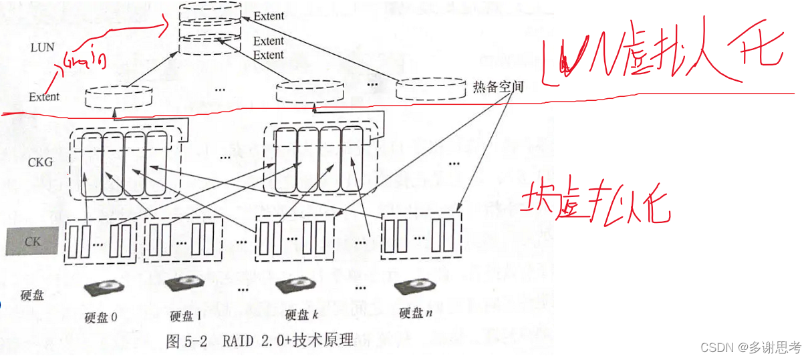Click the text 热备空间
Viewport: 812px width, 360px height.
click(x=497, y=87)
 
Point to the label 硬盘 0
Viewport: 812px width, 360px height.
click(x=101, y=316)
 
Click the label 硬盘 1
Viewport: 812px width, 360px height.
click(x=186, y=316)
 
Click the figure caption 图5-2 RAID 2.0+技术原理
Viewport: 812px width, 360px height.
click(x=259, y=340)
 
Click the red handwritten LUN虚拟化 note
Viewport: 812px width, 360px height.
click(x=662, y=60)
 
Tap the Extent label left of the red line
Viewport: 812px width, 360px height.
click(x=44, y=97)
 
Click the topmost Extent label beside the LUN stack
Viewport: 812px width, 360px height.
click(x=269, y=15)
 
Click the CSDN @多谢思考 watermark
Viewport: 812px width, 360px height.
click(x=751, y=347)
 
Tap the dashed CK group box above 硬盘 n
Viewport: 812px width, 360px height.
click(x=421, y=236)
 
